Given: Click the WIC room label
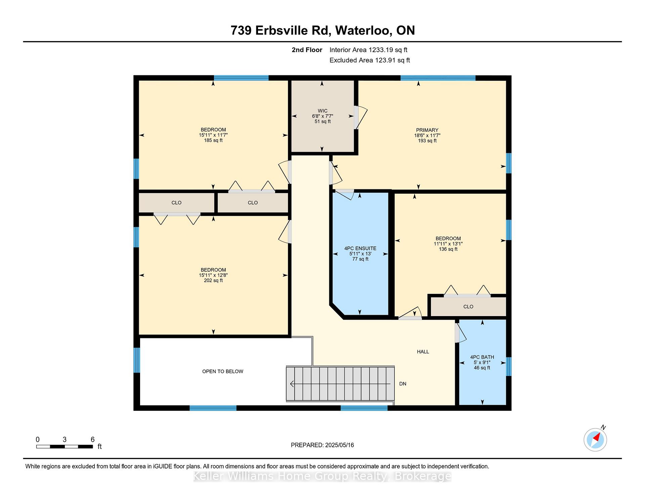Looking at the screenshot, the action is tap(322, 111).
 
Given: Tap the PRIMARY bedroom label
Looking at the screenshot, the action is tap(427, 130).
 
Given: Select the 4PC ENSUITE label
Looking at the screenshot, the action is tap(360, 248).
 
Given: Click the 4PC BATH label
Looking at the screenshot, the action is tap(482, 357).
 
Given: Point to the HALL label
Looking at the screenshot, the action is tap(423, 352).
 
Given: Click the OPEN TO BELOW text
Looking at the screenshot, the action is tap(223, 372).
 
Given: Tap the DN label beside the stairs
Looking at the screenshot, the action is tap(403, 384).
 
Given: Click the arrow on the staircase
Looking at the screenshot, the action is tap(340, 384).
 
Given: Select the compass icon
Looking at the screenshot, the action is tap(595, 439).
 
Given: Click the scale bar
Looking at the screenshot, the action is tap(64, 447).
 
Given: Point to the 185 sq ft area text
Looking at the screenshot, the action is tap(213, 140).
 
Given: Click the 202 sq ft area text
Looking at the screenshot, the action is tap(213, 280).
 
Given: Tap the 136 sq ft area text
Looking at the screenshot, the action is tap(448, 249).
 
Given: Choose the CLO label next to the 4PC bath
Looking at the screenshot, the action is tap(468, 307).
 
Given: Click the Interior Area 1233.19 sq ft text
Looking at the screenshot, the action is tap(368, 50).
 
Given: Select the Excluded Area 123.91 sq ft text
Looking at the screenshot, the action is tap(370, 60).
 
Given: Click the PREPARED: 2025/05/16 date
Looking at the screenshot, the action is tap(322, 445).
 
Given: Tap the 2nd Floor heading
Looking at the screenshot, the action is tap(307, 50).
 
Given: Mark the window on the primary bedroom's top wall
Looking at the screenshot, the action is tap(438, 78).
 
